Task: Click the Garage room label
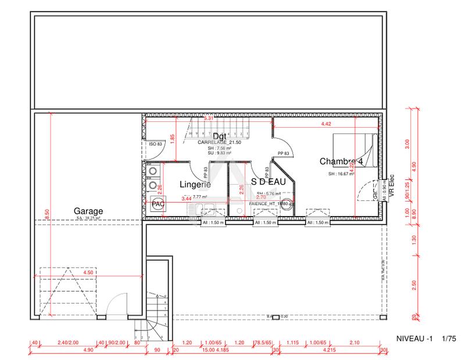point(88,211)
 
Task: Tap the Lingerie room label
point(194,184)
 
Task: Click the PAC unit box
point(158,205)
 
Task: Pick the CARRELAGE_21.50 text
point(219,142)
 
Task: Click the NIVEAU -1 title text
point(414,338)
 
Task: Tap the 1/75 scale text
point(449,338)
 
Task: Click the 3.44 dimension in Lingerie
point(187,199)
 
